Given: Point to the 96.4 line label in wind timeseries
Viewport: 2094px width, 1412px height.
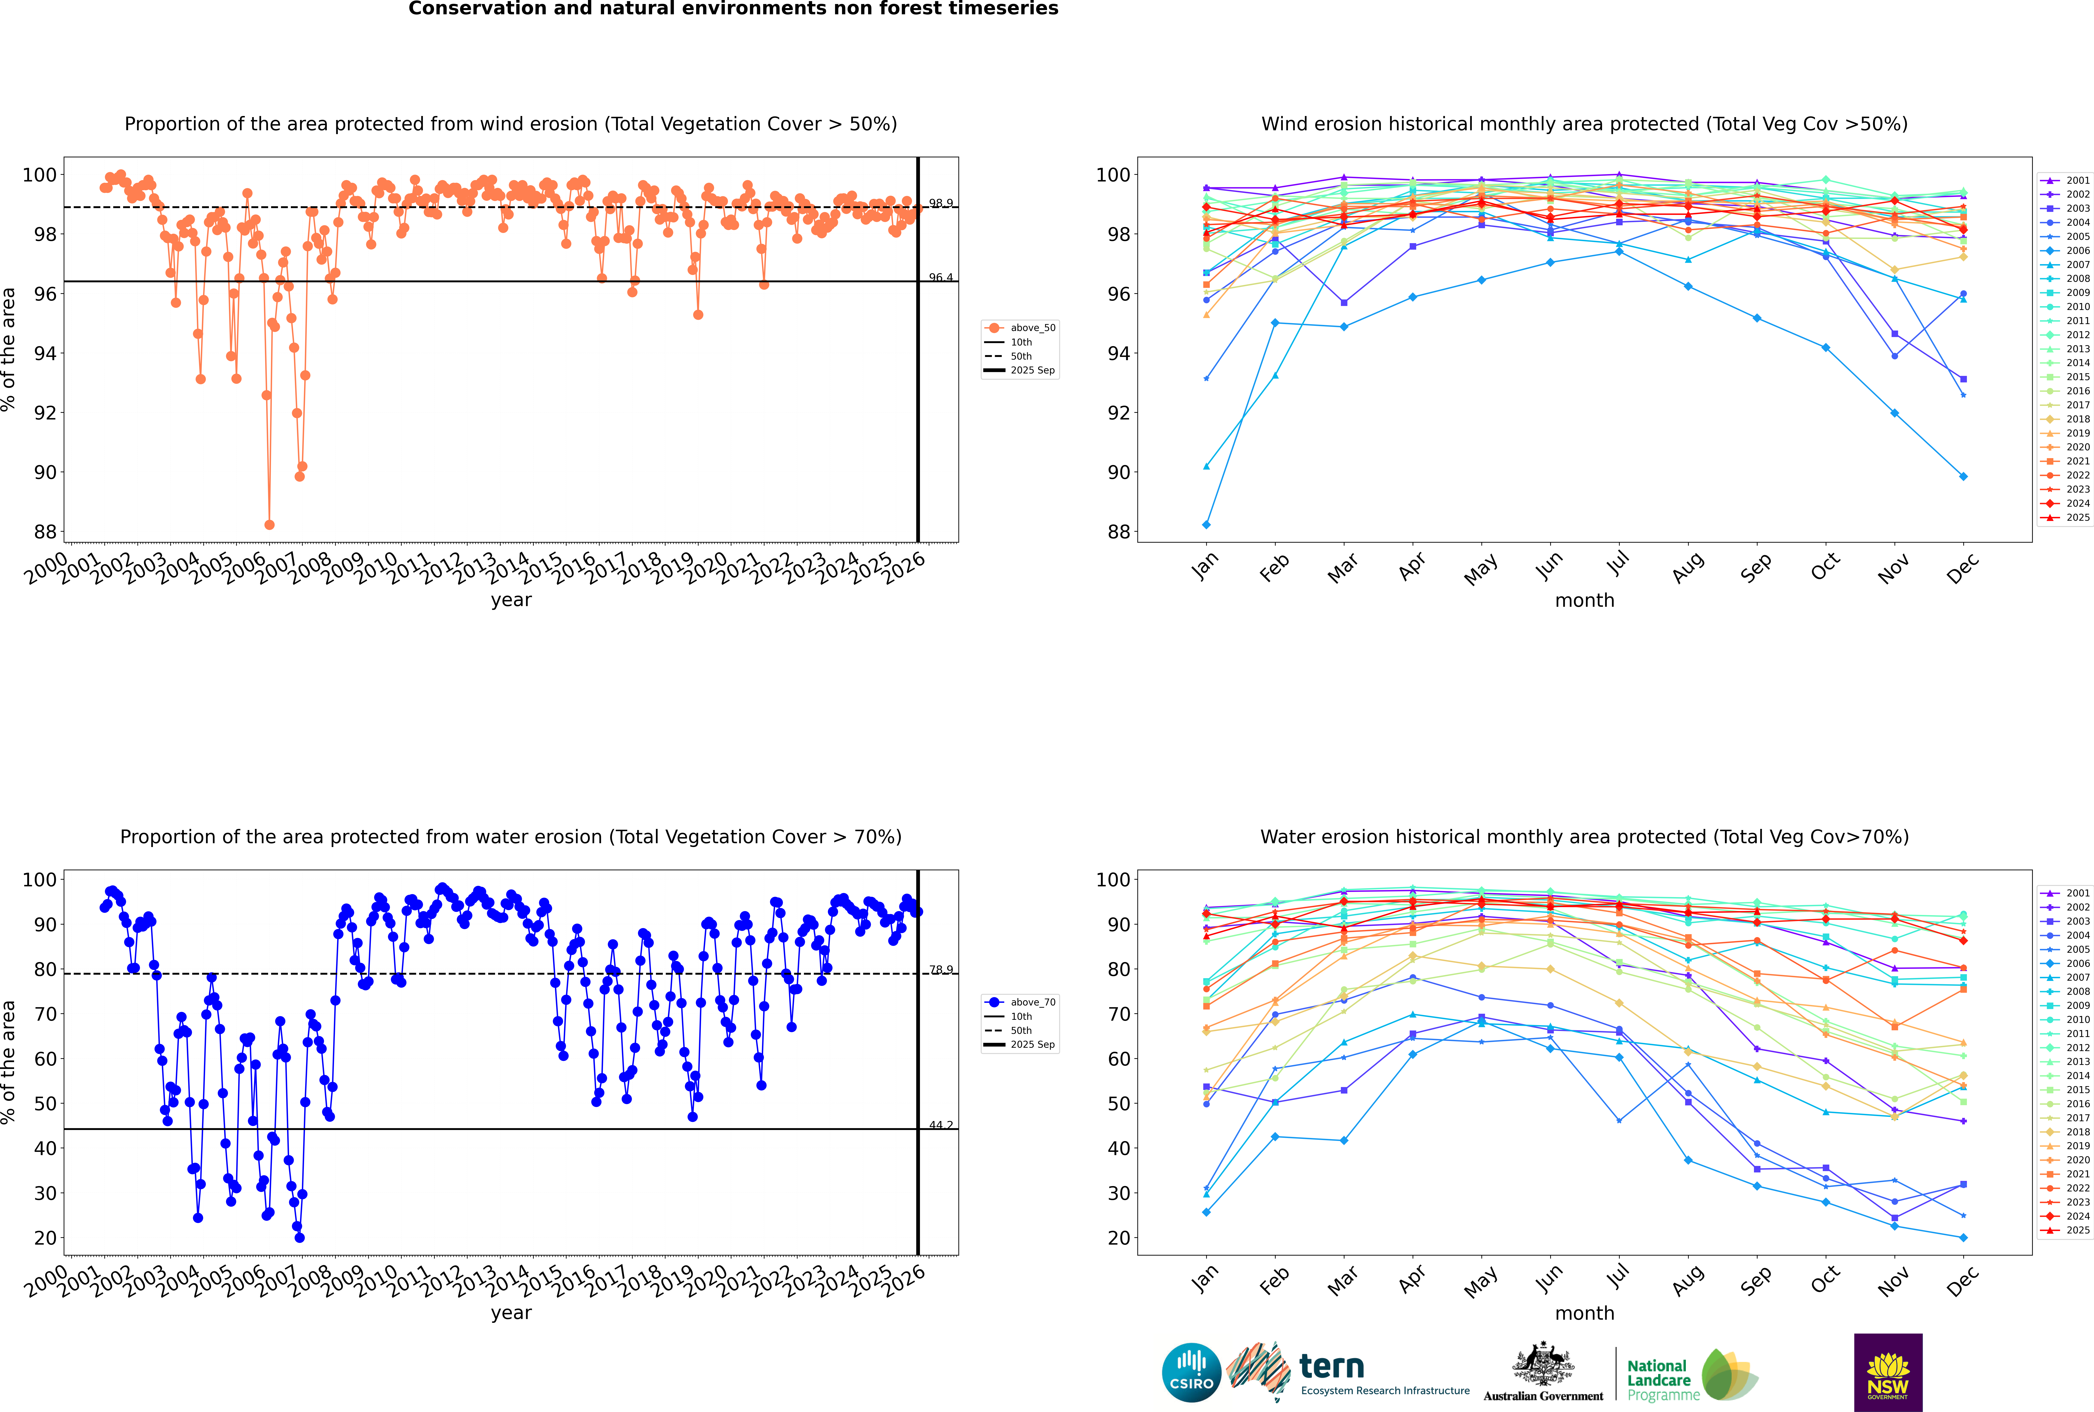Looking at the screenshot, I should click(941, 277).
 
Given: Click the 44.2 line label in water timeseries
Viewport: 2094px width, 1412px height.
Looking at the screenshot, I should click(941, 1125).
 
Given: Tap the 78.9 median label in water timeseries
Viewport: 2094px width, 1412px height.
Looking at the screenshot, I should click(941, 970).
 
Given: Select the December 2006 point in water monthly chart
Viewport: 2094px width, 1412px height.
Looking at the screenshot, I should click(1964, 1237).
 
